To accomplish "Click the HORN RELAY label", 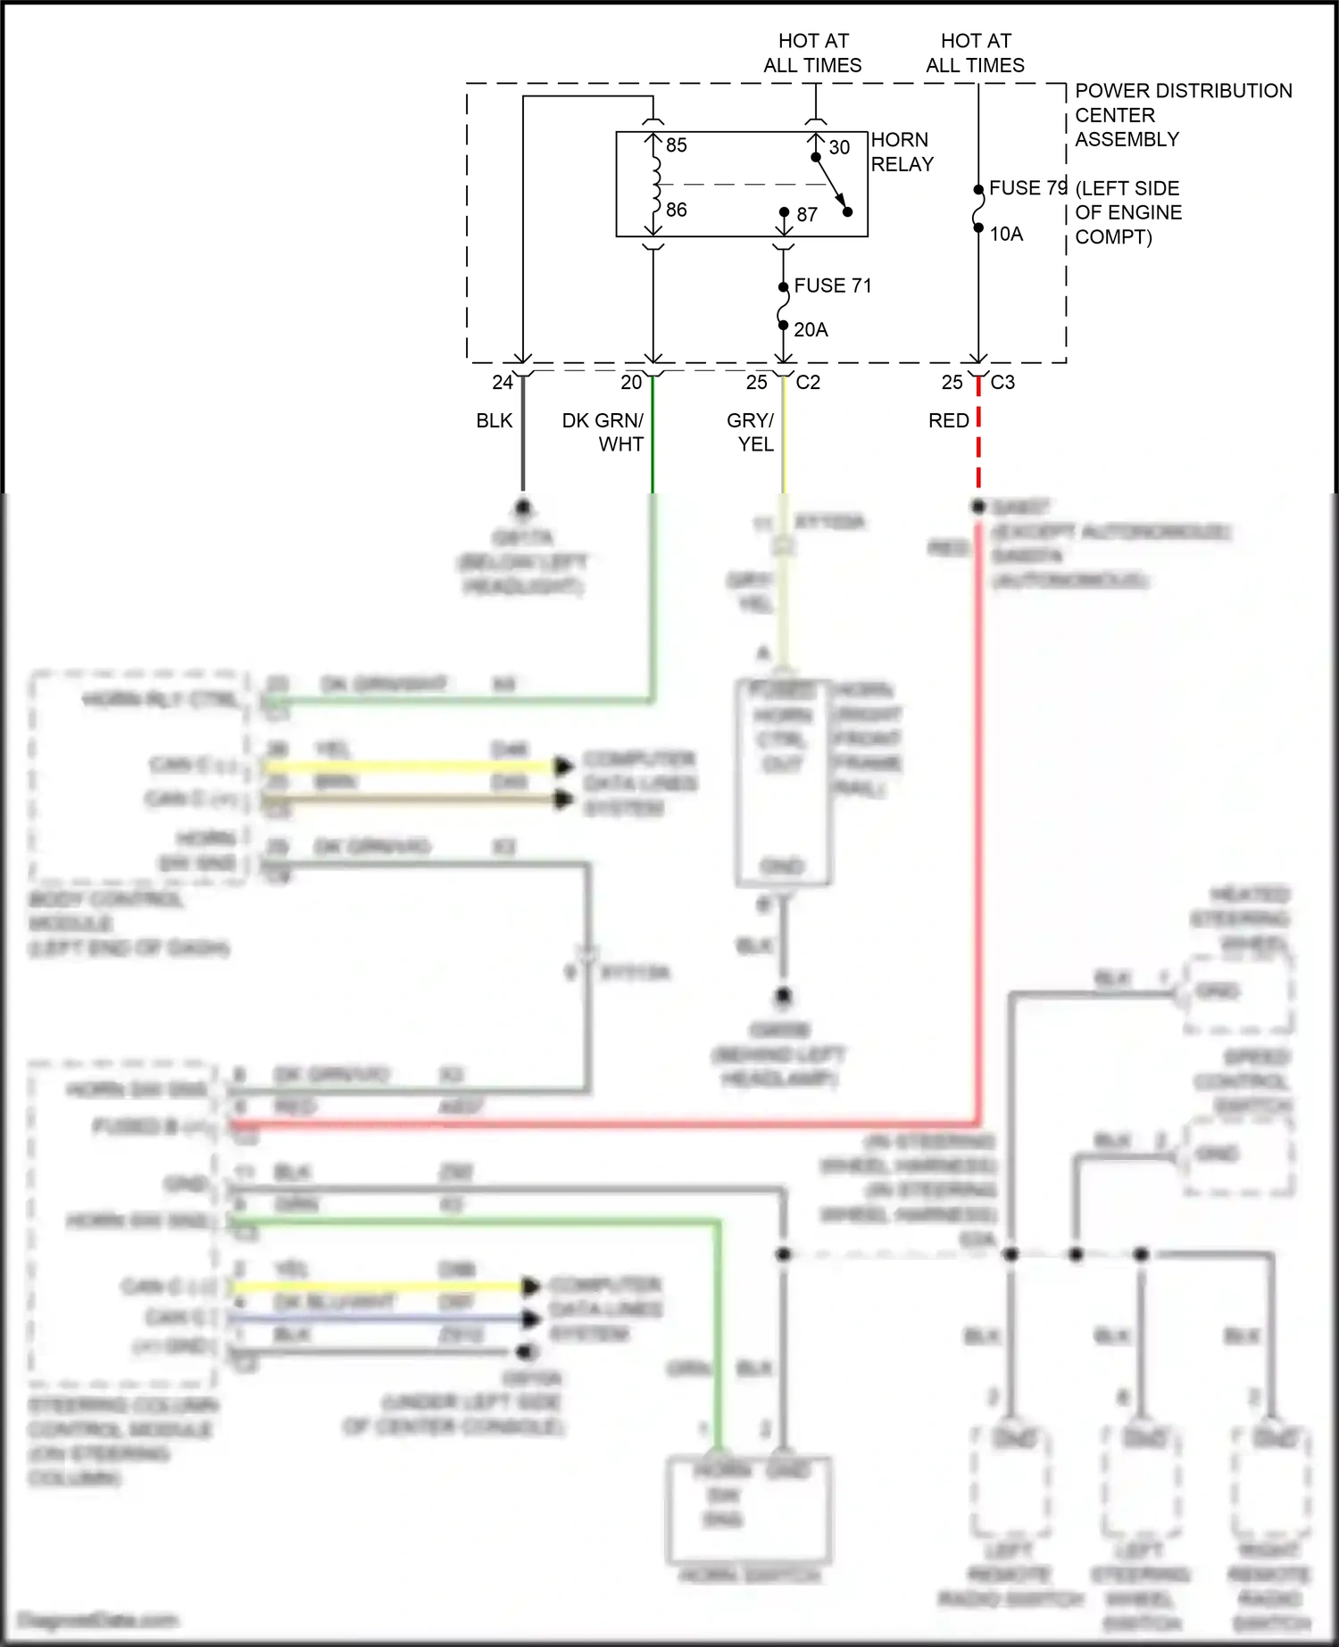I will click(x=902, y=152).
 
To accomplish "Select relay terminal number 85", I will click(x=676, y=145).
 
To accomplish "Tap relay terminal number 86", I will click(x=676, y=210).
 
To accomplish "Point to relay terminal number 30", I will click(x=839, y=147).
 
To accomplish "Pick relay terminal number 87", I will click(x=807, y=214).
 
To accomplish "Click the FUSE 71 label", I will click(x=832, y=286).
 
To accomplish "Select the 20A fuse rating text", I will click(x=811, y=330).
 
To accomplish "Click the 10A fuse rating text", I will click(x=1006, y=234).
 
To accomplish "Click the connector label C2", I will click(x=808, y=382).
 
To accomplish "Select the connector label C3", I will click(x=1002, y=382).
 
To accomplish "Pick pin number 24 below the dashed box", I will click(x=503, y=382).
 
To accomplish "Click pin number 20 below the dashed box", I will click(x=631, y=382).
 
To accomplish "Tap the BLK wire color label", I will click(x=494, y=420).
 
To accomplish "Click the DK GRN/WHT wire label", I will click(x=604, y=432).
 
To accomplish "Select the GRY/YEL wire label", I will click(x=751, y=432).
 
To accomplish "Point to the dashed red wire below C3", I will click(x=978, y=446).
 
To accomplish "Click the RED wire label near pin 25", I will click(x=948, y=420).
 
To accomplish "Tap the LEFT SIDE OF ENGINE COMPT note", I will click(x=1127, y=212).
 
